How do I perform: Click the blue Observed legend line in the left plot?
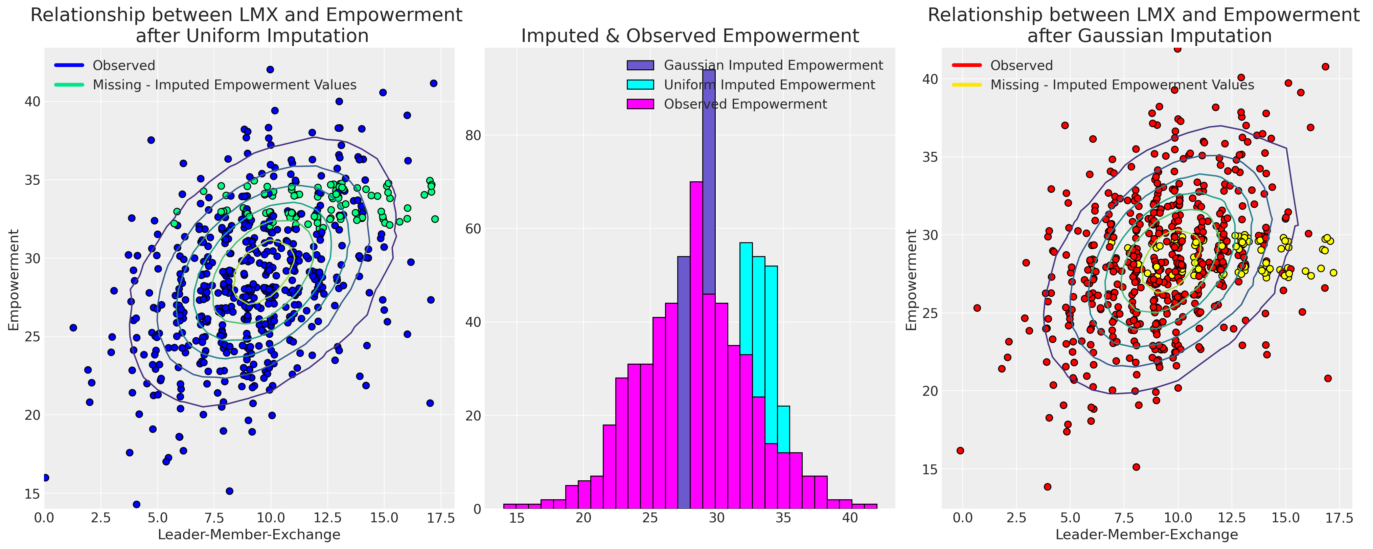coord(69,66)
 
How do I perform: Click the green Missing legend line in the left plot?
coord(69,85)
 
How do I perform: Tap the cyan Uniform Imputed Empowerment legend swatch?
coord(640,85)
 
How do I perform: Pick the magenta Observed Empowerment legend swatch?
coord(640,104)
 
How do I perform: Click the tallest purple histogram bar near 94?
coord(709,160)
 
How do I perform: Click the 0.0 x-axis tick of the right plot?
coord(963,518)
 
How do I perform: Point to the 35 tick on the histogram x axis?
coord(783,518)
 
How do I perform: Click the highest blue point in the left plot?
coord(270,69)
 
